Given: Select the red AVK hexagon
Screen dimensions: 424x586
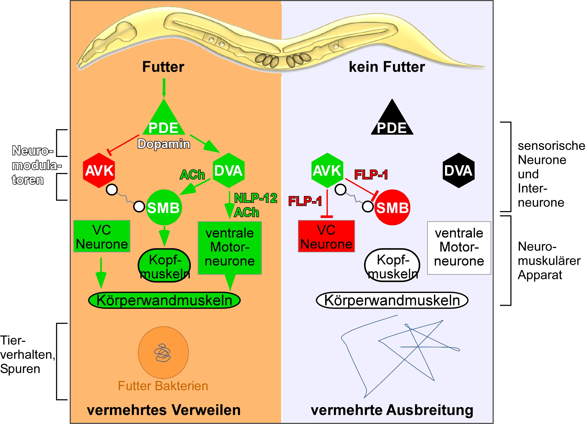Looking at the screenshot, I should point(99,170).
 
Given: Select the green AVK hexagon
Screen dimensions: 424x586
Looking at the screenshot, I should point(327,170).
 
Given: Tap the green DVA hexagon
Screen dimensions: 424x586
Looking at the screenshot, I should point(229,170).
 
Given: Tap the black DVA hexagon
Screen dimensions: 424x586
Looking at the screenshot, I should point(458,170).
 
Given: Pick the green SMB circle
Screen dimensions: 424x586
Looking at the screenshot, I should point(164,207).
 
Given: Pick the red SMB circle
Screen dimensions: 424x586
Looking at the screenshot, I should point(392,207).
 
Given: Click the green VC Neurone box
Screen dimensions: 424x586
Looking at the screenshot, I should point(102,236).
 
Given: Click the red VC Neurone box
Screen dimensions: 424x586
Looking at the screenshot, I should point(326,236).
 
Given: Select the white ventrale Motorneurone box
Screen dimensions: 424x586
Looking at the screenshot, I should point(459,248).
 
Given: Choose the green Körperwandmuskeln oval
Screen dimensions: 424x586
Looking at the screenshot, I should point(164,300).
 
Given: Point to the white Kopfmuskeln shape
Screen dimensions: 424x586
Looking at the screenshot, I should point(392,265).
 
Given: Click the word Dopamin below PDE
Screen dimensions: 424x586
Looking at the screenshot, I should point(164,144).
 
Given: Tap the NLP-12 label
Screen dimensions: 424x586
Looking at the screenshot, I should point(256,198).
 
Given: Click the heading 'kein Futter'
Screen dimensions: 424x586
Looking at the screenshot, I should point(387,67).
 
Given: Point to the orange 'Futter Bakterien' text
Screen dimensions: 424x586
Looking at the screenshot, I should point(163,386).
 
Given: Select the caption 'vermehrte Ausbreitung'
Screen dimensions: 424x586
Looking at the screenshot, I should point(392,410).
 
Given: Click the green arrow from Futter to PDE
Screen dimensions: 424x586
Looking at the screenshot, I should point(164,88).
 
